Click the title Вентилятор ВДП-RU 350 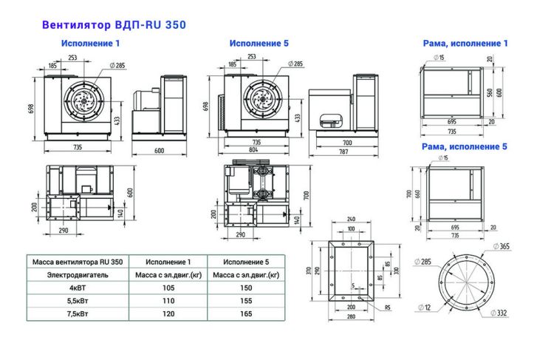(114, 24)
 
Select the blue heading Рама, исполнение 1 (465, 44)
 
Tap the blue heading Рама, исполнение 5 (465, 146)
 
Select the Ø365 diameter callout (501, 246)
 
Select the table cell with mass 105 (168, 288)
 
